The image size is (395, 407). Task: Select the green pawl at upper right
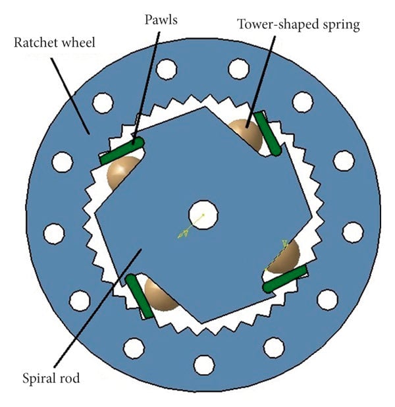pos(268,133)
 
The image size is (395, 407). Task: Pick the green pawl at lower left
pos(139,296)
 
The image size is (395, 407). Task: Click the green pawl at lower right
pos(284,279)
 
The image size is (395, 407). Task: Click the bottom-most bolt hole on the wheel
pos(204,362)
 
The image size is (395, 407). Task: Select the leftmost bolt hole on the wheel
pos(54,232)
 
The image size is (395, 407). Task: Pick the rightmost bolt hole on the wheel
pos(352,231)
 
